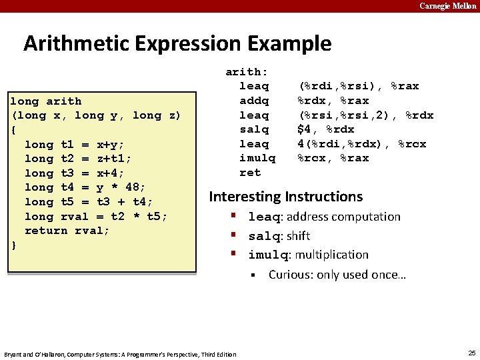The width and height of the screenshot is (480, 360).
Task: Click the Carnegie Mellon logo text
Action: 447,6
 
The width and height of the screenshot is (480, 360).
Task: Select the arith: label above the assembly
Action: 246,72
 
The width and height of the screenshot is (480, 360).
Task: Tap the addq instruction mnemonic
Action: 254,101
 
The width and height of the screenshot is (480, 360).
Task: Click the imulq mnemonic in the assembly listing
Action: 257,158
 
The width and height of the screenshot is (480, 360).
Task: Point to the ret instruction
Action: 250,173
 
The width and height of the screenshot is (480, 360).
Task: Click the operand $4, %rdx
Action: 325,129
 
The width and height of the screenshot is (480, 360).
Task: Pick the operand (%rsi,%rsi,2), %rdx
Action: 365,115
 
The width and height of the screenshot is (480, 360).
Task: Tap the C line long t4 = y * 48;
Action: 85,187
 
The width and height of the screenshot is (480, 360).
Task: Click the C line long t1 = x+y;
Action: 74,145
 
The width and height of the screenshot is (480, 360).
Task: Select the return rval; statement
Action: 67,231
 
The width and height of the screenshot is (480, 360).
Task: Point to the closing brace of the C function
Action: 14,245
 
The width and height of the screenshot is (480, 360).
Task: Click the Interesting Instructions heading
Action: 286,197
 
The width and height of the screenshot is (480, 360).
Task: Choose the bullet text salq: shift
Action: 279,236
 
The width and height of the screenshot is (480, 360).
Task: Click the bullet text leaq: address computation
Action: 324,217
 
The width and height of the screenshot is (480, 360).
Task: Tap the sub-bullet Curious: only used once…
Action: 337,275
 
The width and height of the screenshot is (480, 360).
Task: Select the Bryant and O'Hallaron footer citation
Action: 120,354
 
